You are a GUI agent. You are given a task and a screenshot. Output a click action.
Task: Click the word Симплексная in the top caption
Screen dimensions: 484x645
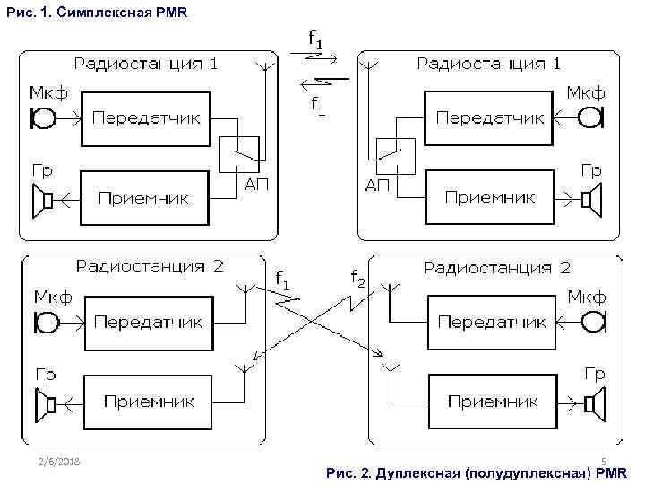tap(92, 11)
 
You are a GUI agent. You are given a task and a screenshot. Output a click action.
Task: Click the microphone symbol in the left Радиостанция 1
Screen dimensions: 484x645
tap(42, 117)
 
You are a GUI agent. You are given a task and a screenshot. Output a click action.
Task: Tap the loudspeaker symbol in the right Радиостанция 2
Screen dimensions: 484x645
tap(593, 403)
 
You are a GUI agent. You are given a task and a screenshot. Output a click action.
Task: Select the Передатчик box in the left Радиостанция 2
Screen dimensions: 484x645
tap(148, 322)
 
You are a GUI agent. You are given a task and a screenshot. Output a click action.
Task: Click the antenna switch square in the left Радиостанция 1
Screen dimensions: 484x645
tap(239, 155)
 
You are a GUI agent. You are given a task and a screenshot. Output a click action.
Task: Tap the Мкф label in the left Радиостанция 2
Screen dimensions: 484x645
tap(53, 297)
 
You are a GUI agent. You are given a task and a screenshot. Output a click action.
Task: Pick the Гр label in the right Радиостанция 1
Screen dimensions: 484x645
tap(591, 169)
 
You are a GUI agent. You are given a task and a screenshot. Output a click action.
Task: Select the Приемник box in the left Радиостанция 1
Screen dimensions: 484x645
tap(143, 198)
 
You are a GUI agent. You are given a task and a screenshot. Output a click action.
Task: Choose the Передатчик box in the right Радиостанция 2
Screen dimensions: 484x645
tap(491, 322)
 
